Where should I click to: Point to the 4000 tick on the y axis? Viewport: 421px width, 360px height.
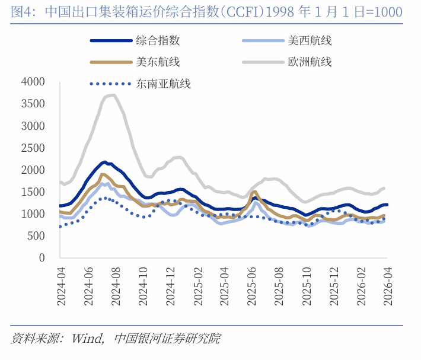33,82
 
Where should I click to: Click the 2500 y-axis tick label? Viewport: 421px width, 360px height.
33,148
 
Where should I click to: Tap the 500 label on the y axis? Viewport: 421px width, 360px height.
37,235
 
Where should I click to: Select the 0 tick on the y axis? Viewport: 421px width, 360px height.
42,257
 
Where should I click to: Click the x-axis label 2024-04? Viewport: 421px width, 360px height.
60,286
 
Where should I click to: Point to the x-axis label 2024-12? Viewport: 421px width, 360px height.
170,286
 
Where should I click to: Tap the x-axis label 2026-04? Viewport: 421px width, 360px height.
387,286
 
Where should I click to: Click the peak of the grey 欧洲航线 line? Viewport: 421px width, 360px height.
112,95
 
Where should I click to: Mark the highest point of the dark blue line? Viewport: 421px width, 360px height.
104,161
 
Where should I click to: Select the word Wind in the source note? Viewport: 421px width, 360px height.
87,339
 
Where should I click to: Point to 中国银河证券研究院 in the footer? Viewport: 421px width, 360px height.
167,339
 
